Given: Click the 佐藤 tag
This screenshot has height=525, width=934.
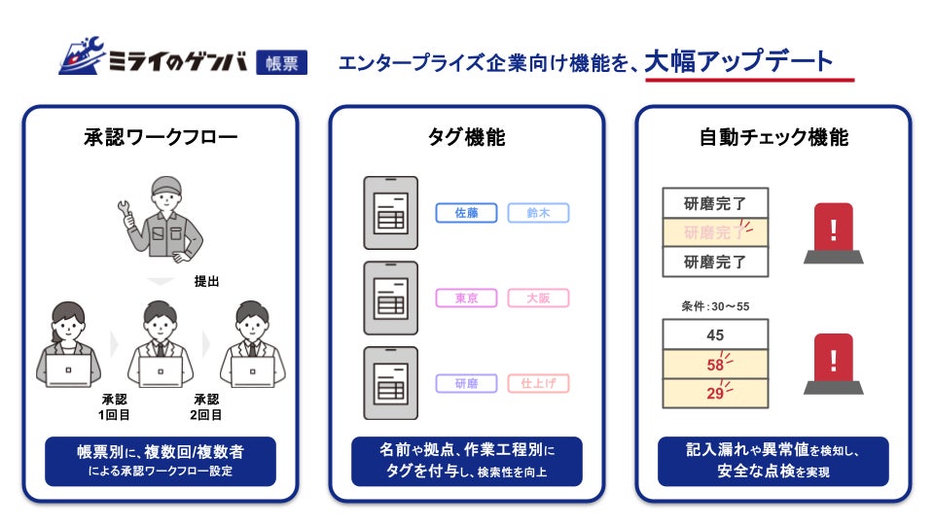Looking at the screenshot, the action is pos(466,213).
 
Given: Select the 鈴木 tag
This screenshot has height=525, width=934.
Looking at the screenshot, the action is pos(538,213).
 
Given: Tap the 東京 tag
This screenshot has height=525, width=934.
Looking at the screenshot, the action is pos(466,298).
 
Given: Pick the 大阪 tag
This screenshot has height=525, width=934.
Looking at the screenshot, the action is pos(538,298).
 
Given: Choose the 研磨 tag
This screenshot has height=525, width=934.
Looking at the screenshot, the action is pos(466,383).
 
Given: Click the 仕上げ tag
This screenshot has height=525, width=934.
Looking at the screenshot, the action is pos(538,383).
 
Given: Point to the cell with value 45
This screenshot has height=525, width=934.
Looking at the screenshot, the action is pos(715,334).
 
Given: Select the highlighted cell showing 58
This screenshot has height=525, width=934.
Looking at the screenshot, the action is pos(715,365).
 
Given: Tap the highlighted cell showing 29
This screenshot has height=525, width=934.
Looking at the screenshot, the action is pos(715,394).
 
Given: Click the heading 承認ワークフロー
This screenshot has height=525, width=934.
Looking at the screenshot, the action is pos(161,137).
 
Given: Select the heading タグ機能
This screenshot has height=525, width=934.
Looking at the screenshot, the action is pos(467,137).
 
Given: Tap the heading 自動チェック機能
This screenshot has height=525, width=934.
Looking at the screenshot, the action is pos(773,137).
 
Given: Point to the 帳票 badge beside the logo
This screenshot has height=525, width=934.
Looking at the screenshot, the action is pos(282,63).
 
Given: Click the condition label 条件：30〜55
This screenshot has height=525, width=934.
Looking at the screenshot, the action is pos(715,306).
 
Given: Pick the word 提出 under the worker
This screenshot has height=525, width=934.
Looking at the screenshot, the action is pos(206,281).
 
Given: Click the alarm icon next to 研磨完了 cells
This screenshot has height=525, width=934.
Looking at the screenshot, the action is pos(833,233).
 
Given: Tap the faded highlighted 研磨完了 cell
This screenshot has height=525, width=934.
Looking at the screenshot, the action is pos(715,232).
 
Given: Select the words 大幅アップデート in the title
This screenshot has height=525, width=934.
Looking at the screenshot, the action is pos(738,62).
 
